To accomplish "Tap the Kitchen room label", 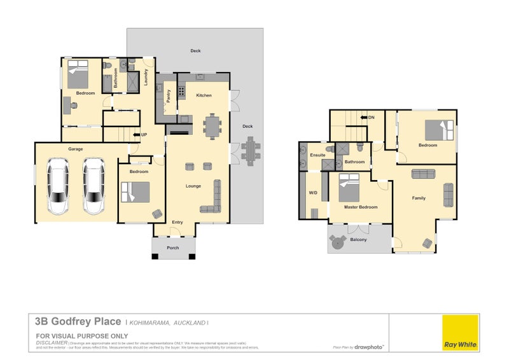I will tap(204, 95).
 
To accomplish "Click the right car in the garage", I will tap(94, 184).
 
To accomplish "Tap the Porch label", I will tap(172, 247).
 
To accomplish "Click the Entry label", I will tap(178, 222).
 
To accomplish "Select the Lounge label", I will tap(193, 186).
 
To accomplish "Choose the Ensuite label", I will tap(317, 155).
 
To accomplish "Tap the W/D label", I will tap(313, 193).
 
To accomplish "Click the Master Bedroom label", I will tap(361, 207).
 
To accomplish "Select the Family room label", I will tap(419, 198).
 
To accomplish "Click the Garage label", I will tap(76, 149).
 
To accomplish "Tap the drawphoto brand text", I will tap(369, 347).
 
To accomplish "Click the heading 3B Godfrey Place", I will tap(78, 322).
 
